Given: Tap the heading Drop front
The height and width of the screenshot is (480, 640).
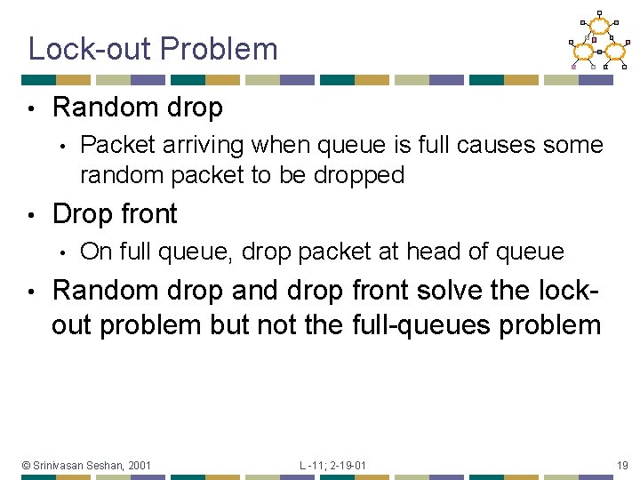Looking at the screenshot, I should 115,214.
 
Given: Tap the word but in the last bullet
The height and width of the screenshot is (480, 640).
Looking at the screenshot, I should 230,325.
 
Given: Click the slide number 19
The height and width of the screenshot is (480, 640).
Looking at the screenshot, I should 621,465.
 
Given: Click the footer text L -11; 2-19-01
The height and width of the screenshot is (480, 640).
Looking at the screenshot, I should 332,465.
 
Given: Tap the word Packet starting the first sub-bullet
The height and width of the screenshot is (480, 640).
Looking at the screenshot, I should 114,145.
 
